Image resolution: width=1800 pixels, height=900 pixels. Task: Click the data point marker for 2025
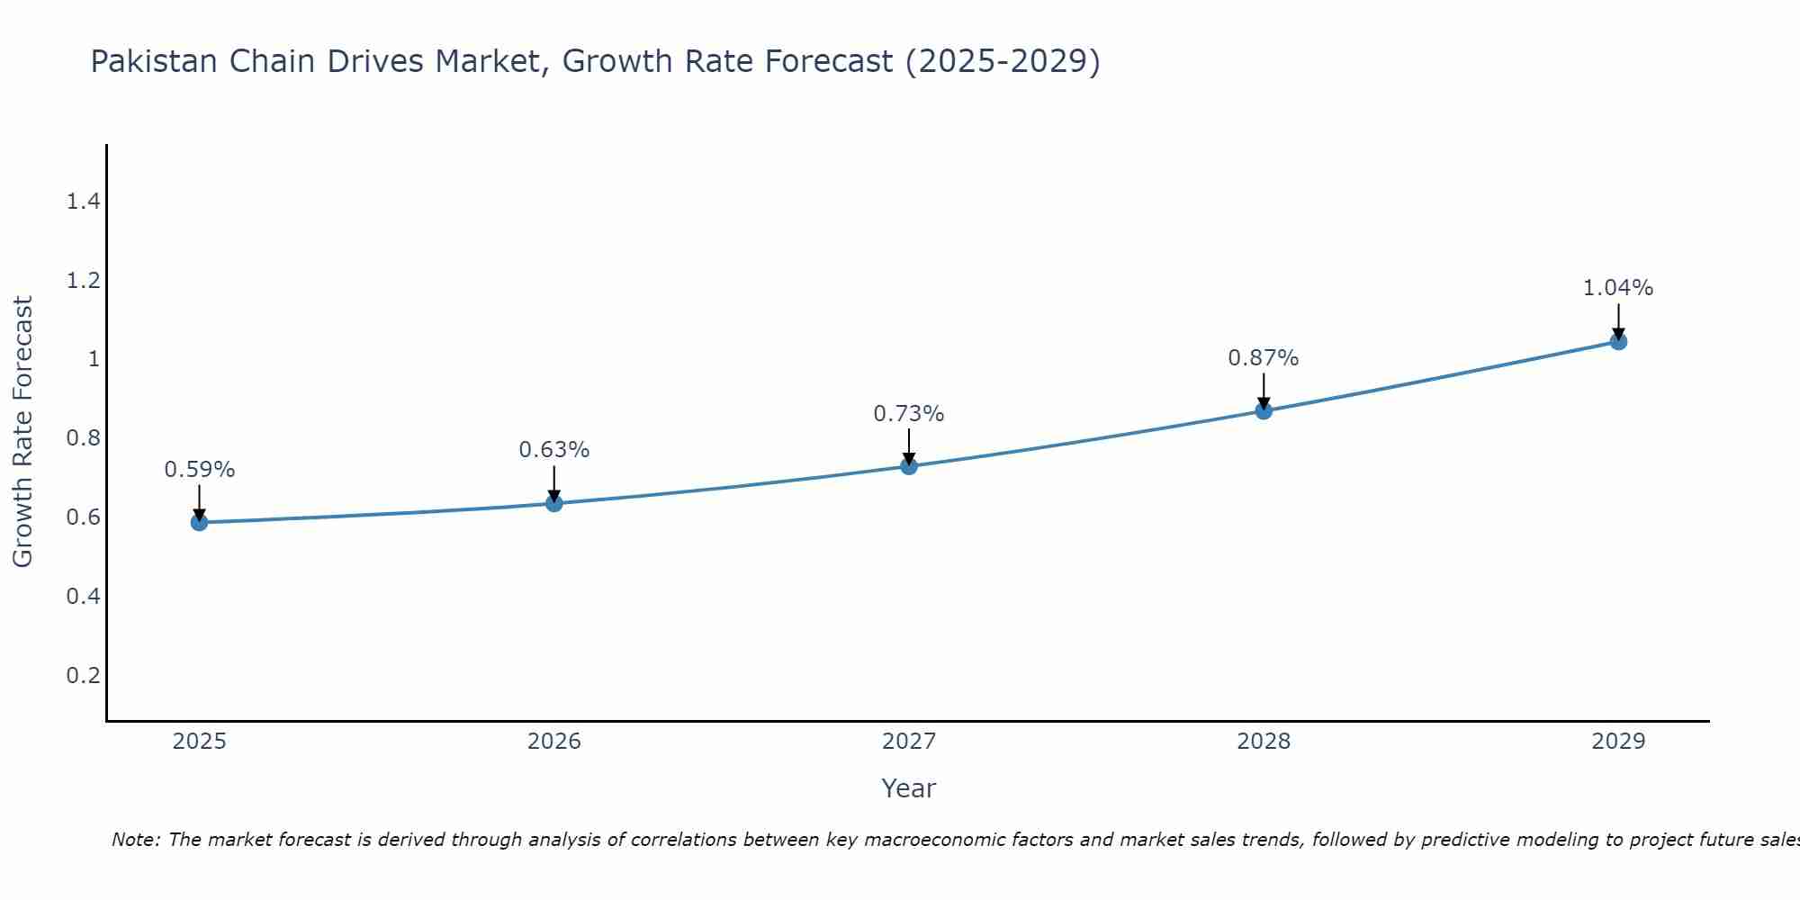[x=199, y=522]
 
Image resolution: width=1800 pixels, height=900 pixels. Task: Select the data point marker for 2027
[x=909, y=466]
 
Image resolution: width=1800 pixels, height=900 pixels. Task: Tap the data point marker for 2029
[x=1618, y=341]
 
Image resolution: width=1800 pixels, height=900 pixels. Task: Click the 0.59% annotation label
[x=199, y=470]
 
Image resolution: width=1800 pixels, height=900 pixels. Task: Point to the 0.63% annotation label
[x=553, y=450]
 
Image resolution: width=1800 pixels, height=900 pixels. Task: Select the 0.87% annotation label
[x=1263, y=358]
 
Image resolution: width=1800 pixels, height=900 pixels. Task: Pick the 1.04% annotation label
[x=1617, y=288]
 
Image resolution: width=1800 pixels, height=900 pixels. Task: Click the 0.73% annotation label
[x=908, y=414]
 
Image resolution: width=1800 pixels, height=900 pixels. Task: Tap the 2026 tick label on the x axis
[x=553, y=742]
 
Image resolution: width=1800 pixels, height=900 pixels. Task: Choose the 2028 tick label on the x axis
[x=1263, y=742]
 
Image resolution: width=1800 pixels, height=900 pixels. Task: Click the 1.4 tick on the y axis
[x=83, y=202]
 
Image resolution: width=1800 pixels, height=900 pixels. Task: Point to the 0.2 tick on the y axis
[x=83, y=675]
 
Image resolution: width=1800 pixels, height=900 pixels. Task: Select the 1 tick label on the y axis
[x=93, y=359]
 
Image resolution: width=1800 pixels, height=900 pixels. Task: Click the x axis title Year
[x=908, y=788]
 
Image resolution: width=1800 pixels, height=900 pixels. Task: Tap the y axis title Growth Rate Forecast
[x=22, y=432]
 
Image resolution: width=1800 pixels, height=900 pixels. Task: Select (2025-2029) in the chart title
[x=1002, y=61]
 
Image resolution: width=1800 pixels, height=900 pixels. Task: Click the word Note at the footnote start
[x=135, y=840]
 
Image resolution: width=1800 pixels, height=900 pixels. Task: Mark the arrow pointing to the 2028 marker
[x=1263, y=391]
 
